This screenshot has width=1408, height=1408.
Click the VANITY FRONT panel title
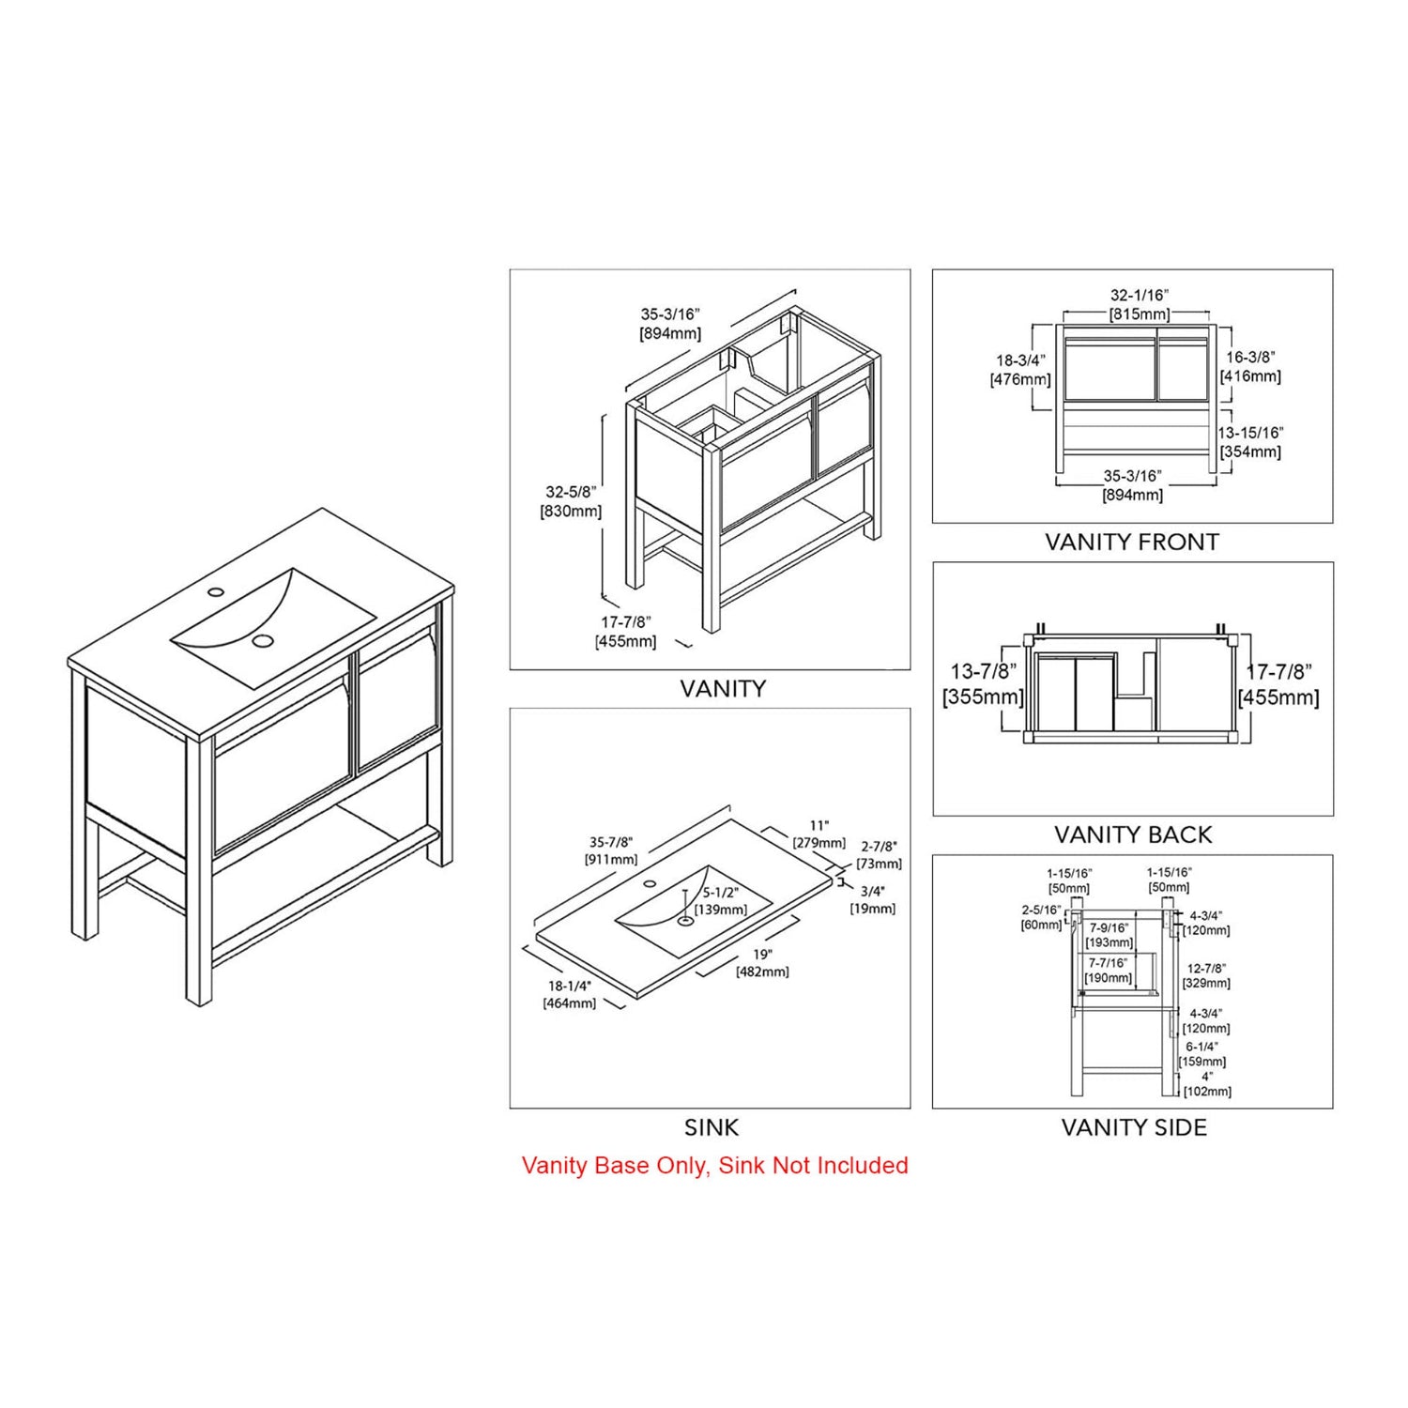[x=1132, y=542]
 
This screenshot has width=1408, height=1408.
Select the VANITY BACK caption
[x=1133, y=834]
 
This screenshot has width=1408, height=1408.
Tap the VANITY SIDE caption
[x=1134, y=1127]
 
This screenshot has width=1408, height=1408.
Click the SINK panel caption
[x=712, y=1127]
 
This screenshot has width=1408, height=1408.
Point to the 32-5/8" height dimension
[x=571, y=492]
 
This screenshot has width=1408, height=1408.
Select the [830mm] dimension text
[x=571, y=512]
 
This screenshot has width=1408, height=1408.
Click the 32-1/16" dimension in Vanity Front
[x=1140, y=296]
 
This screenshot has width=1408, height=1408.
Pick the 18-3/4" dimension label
[x=1020, y=360]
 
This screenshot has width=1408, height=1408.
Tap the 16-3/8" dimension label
[x=1250, y=358]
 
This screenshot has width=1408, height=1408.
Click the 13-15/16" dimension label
[x=1250, y=433]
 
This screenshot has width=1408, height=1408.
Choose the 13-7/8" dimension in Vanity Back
[x=983, y=672]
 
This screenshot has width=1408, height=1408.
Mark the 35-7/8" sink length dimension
[x=610, y=843]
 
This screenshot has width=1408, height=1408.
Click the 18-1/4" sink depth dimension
[x=570, y=987]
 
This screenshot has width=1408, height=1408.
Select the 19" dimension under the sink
[x=762, y=955]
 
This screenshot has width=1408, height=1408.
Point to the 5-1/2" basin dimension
[x=721, y=893]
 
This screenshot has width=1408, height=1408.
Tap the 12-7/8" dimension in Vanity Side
[x=1206, y=968]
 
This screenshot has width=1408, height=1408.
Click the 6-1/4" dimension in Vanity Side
[x=1201, y=1047]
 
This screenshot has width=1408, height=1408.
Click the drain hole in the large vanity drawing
[x=263, y=641]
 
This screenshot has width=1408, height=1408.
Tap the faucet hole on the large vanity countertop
[x=216, y=592]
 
